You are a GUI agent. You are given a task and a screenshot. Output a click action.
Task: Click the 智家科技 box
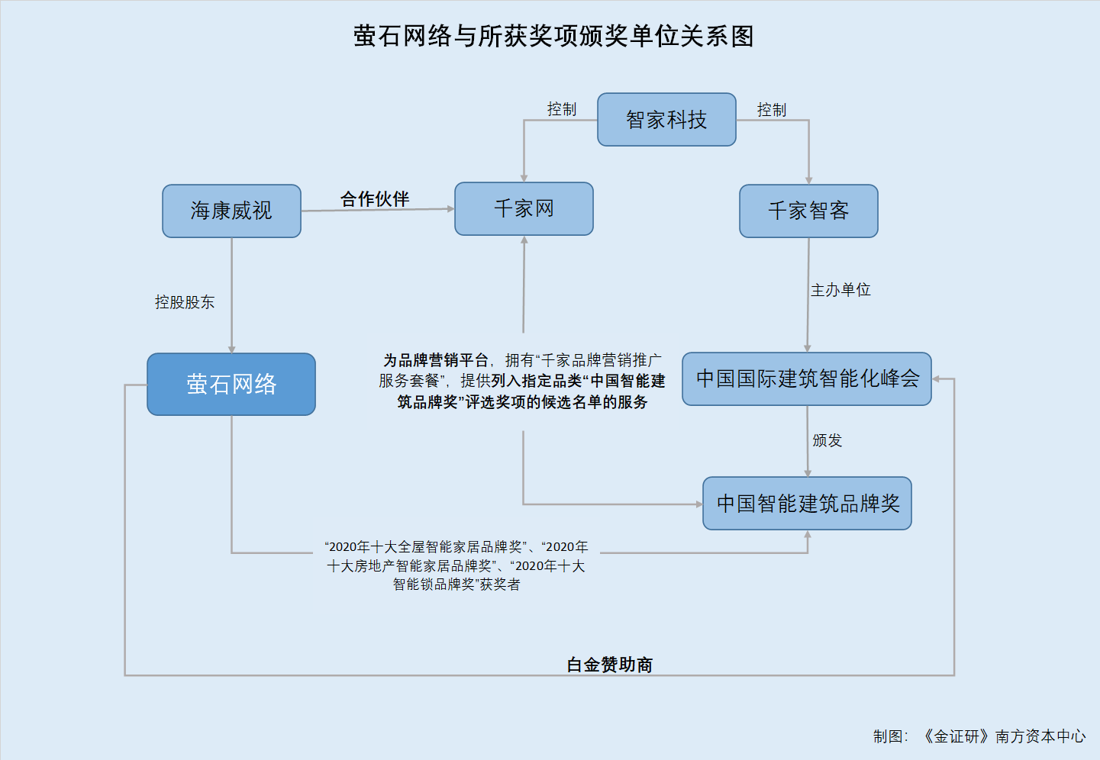(x=666, y=119)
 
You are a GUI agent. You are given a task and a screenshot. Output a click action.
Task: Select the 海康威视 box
(x=231, y=211)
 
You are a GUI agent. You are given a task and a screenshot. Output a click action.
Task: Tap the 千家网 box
(x=524, y=208)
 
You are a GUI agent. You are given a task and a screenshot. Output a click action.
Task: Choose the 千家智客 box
(x=808, y=211)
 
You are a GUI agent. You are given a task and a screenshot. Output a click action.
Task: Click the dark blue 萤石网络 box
(x=231, y=384)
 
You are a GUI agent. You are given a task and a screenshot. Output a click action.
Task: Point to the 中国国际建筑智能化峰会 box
(x=807, y=378)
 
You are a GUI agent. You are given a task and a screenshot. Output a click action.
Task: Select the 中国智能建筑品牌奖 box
(x=808, y=503)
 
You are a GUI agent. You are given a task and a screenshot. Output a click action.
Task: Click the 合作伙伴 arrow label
(x=375, y=199)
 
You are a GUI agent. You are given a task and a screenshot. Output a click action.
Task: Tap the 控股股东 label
(x=185, y=302)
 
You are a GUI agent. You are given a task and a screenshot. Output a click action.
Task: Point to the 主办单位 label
(x=840, y=290)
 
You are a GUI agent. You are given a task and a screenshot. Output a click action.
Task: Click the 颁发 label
(x=827, y=440)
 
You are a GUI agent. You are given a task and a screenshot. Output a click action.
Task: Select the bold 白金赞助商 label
(x=609, y=665)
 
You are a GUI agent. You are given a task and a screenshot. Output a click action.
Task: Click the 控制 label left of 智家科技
(x=562, y=109)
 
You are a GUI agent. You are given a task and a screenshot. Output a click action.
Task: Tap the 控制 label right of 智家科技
(x=772, y=110)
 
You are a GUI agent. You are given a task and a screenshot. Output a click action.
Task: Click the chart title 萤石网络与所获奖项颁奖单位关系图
(x=553, y=36)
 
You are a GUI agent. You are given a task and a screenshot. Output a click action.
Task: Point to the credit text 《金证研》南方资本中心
(x=1004, y=736)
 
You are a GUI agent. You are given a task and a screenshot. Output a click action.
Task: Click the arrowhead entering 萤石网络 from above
(x=232, y=349)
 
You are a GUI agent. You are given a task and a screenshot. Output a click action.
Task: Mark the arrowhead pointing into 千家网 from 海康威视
(x=450, y=208)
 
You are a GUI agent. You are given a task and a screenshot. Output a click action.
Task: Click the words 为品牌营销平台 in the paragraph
(x=436, y=360)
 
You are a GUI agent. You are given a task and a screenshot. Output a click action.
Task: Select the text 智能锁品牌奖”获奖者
(x=456, y=584)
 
